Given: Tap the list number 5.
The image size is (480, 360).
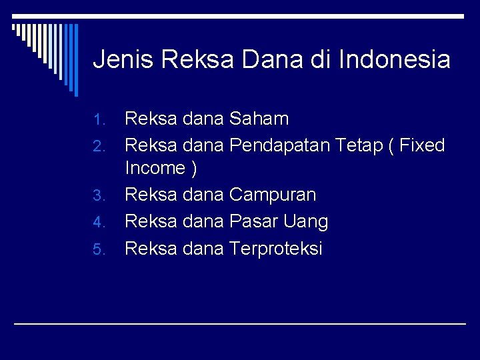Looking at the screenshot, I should (x=99, y=250).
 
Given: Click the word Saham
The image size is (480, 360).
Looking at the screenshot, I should (x=259, y=119).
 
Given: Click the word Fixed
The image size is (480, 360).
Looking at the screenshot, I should (x=421, y=145).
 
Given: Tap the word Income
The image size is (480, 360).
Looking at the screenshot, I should (x=155, y=168).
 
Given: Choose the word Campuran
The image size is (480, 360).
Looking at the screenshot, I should (x=273, y=195).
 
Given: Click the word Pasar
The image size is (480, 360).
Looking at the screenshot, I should (x=253, y=221).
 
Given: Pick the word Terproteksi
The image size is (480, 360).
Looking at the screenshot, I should (x=275, y=249).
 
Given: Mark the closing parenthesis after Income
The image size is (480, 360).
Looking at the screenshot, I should (x=194, y=169).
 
